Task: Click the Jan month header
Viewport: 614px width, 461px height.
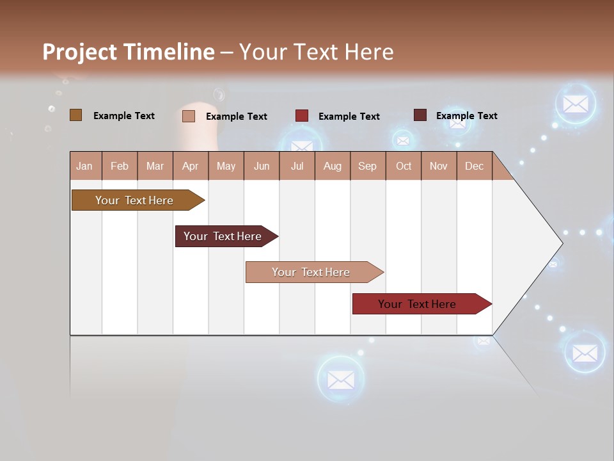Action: tap(84, 166)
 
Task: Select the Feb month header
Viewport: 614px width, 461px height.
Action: tap(120, 166)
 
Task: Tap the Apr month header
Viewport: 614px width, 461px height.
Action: tap(190, 166)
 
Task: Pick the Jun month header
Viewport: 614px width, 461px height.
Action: tap(262, 166)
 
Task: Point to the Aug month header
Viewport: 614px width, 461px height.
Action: tap(332, 166)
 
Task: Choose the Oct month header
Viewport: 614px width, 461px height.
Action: tap(404, 166)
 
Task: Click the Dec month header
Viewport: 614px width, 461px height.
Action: tap(474, 166)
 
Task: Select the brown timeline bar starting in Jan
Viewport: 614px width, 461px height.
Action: tap(134, 200)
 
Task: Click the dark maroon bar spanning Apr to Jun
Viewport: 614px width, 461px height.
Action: tap(223, 236)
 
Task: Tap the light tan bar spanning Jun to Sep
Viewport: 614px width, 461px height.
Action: tap(311, 272)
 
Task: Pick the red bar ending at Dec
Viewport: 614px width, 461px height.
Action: tap(417, 304)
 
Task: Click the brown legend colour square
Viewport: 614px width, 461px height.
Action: tap(75, 115)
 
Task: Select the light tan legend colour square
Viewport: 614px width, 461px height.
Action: tap(189, 116)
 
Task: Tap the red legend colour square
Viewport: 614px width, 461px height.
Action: tap(302, 116)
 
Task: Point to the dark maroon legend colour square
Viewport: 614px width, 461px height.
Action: tap(420, 115)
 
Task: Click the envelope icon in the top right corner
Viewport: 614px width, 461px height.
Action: tap(576, 104)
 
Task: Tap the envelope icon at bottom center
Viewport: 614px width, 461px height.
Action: tap(341, 380)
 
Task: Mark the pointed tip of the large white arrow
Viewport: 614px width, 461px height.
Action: tap(562, 243)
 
